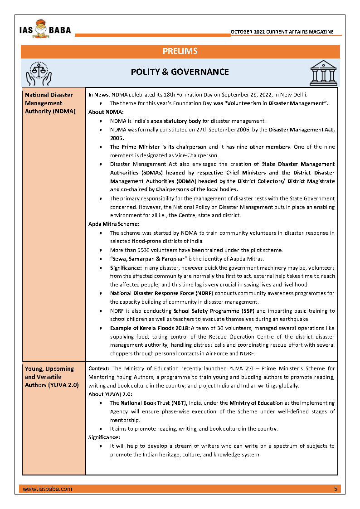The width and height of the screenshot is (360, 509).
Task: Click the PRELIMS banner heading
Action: (x=180, y=51)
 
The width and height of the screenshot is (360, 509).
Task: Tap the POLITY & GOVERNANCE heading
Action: (x=180, y=72)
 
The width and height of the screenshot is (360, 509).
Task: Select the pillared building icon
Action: (x=323, y=73)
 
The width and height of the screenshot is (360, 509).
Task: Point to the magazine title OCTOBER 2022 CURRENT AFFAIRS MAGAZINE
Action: (x=282, y=32)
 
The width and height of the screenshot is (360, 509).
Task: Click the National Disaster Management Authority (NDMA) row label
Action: (x=50, y=103)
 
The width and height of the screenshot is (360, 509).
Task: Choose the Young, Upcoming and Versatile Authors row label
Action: (x=52, y=377)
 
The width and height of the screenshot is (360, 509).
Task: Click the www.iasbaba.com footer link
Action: (x=48, y=489)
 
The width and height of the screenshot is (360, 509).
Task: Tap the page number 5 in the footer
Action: (x=336, y=489)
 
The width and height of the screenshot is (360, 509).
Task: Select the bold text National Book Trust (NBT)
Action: (x=151, y=403)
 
